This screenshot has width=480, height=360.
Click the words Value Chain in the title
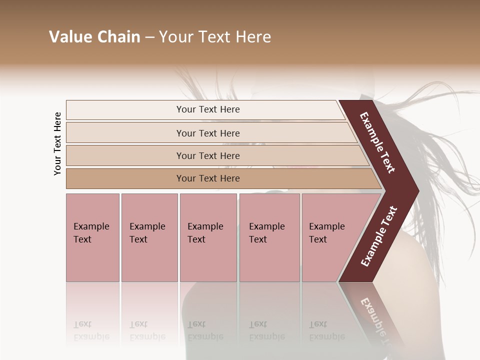pos(94,37)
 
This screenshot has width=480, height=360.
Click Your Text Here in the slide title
pos(215,37)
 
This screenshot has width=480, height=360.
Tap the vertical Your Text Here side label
pos(57,143)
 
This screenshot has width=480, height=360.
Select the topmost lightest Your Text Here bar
pos(207,109)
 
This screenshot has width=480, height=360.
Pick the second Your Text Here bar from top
pos(207,133)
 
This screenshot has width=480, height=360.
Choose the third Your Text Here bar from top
pos(207,155)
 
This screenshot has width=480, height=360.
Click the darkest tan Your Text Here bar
pos(207,178)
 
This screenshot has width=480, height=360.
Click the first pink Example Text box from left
pos(92,237)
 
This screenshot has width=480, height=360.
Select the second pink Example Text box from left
pos(149,237)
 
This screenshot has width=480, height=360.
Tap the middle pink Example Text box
pos(208,237)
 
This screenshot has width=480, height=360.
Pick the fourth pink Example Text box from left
pos(269,237)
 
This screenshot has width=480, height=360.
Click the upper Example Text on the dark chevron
pos(378,142)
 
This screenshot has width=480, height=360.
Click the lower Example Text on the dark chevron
pos(379,236)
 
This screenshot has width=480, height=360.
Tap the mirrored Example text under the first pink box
pos(91,336)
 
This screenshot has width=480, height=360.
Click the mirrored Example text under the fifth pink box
pos(327,336)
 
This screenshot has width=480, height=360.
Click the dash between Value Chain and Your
pos(149,37)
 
